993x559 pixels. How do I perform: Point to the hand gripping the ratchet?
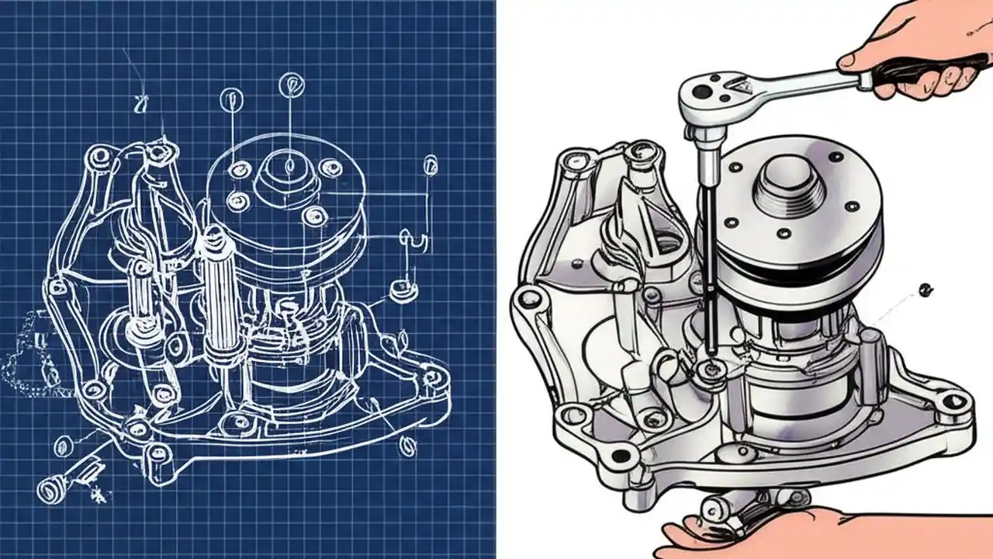tap(923, 47)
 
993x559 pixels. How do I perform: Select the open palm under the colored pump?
tap(745, 536)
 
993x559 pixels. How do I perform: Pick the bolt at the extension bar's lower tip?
tap(708, 371)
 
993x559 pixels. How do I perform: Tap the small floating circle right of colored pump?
tap(924, 290)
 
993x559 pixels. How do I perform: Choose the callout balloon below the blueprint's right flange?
tap(407, 445)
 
